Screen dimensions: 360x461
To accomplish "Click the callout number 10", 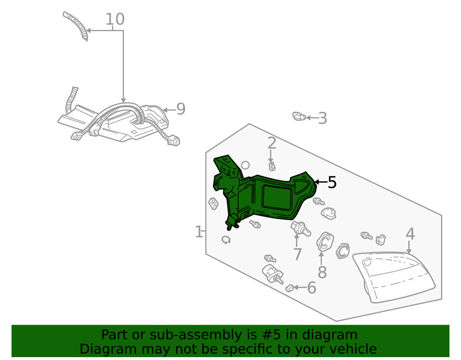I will [115, 19].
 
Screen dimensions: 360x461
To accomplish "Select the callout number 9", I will [181, 109].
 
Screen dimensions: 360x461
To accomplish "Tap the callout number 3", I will [322, 118].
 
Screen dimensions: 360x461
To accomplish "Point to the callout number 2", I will [272, 143].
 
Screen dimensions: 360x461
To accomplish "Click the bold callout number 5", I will [332, 183].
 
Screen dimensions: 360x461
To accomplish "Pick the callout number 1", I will [199, 232].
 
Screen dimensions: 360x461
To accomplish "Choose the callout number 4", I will [410, 234].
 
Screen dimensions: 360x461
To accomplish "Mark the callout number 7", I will [297, 254].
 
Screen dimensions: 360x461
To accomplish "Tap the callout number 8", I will [322, 272].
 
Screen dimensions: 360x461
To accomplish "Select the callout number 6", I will [312, 288].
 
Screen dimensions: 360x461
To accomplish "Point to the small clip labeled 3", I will [299, 116].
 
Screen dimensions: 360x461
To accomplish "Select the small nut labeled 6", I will [290, 288].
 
